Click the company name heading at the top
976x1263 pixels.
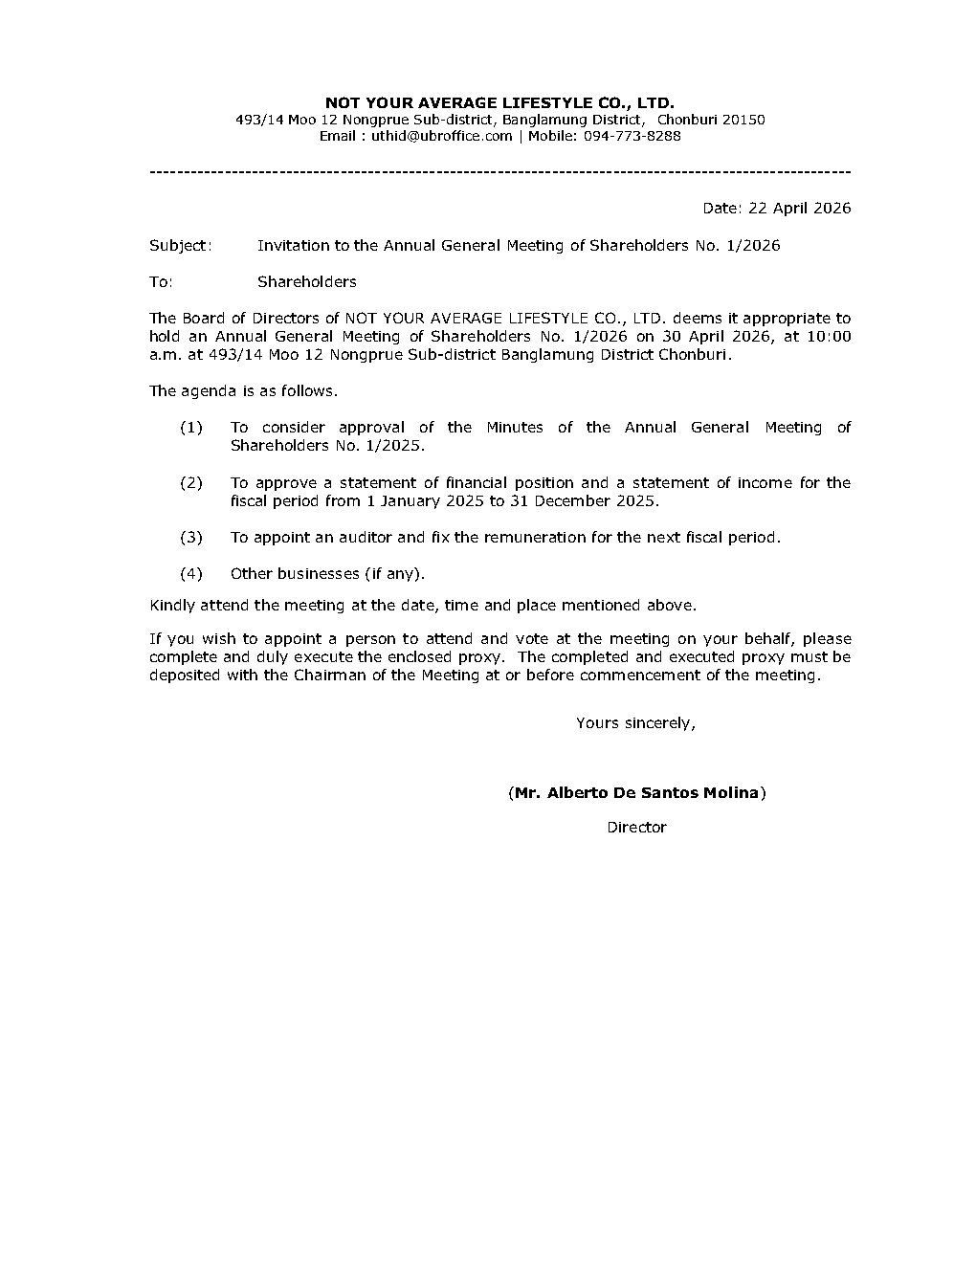coord(499,102)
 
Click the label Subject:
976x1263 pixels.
coord(180,245)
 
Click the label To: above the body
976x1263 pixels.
coord(161,281)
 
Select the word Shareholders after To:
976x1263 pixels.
coord(306,281)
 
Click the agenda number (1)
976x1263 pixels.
coord(191,427)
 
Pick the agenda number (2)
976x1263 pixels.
coord(191,482)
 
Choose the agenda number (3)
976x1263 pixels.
coord(191,537)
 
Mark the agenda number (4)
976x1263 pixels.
coord(191,573)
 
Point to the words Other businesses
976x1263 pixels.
coord(295,573)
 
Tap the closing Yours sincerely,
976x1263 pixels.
coord(635,722)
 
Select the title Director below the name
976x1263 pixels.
coord(636,827)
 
